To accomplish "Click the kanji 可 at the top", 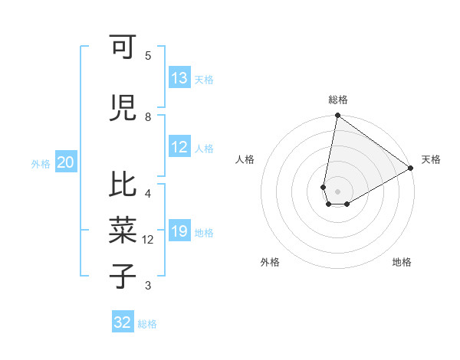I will [122, 47].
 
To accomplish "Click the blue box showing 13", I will [179, 78].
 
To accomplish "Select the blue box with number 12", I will [179, 148].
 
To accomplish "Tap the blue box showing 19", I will [179, 231].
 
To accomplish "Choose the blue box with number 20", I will [66, 162].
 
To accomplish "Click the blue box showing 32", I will [123, 322].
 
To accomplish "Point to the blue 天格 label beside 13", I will [203, 80].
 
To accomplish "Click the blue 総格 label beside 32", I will [147, 324].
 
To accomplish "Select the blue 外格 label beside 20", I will [41, 164].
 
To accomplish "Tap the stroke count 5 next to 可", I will [147, 55].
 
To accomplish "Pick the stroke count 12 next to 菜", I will [148, 240].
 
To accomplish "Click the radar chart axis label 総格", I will [337, 100].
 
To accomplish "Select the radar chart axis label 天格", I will [431, 159].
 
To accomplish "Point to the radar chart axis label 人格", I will [245, 159].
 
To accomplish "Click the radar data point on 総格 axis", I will [337, 116].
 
